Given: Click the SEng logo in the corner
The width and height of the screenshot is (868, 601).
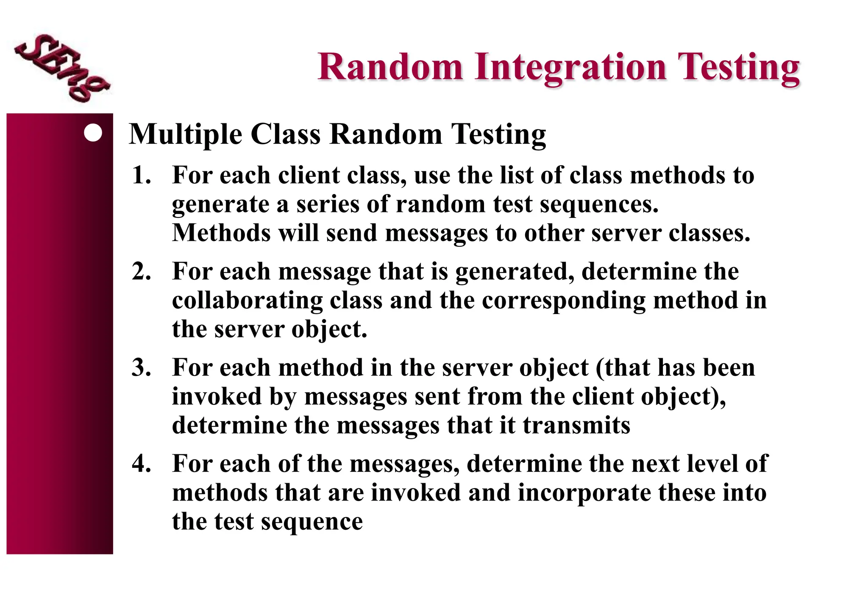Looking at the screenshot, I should (x=61, y=68).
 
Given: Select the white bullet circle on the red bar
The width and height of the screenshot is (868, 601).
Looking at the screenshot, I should (x=93, y=133).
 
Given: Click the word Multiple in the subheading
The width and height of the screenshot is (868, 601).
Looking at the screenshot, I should (x=186, y=135).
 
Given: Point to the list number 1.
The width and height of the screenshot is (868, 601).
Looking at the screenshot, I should (x=142, y=175).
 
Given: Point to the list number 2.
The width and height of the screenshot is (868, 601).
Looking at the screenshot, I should (x=142, y=271).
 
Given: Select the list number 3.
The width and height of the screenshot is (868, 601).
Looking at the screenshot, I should (x=142, y=367).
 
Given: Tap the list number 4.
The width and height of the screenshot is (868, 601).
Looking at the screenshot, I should (x=142, y=464).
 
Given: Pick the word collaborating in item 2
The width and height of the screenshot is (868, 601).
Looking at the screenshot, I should (x=247, y=301).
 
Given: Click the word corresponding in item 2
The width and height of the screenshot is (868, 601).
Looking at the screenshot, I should (x=564, y=301).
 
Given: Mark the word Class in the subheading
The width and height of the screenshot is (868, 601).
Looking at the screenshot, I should (x=286, y=135).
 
